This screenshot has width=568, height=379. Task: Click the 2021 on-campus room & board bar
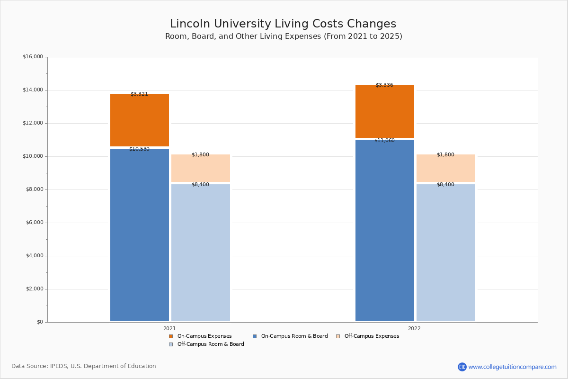tap(140, 235)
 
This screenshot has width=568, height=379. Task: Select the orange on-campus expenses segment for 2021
tap(140, 120)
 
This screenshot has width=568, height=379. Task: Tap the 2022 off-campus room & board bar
tap(446, 253)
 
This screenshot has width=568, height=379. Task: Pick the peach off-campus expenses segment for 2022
tap(446, 168)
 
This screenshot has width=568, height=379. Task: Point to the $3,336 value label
tap(384, 85)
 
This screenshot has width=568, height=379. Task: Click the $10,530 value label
tap(139, 149)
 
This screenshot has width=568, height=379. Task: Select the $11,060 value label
tap(384, 141)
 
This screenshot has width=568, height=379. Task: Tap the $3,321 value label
tap(139, 94)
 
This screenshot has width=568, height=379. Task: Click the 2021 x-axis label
tap(169, 328)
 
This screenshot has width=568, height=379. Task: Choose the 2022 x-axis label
tap(414, 328)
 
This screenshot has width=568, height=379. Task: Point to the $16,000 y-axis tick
tap(33, 57)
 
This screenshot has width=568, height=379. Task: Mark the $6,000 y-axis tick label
tap(33, 223)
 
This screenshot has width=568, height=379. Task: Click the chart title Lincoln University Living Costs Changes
tap(283, 24)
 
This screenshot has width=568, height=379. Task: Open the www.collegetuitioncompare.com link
tap(512, 367)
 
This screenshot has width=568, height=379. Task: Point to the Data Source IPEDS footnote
tap(84, 366)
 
